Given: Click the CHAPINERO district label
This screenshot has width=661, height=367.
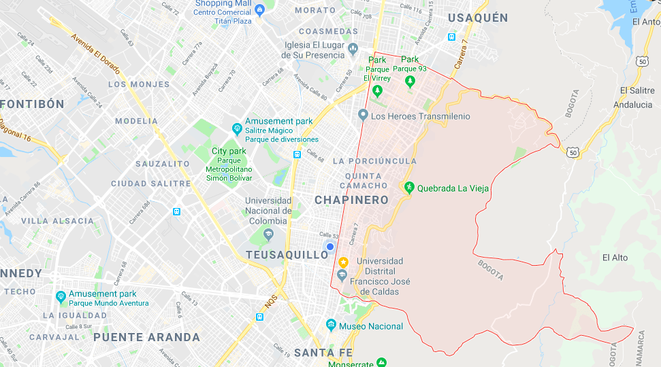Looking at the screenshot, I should tap(351, 200).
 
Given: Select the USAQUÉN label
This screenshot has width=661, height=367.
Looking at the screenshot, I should tap(477, 18).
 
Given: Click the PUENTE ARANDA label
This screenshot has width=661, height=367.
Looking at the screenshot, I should tap(146, 337).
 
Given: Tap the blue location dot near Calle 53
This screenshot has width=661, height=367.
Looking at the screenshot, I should tap(329, 247).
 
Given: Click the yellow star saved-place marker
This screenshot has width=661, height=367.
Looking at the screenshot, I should tap(344, 262).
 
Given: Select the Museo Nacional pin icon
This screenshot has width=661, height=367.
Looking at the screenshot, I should tap(331, 326).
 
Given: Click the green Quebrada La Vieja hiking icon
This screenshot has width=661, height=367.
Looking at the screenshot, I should tap(408, 188).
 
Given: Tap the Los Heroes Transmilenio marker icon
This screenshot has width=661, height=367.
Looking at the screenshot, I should tap(363, 116).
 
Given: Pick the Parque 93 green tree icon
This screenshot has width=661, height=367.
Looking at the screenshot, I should tap(410, 82).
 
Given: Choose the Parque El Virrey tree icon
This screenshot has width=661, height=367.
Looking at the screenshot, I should tap(377, 90).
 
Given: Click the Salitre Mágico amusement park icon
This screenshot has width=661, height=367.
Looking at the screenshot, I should tap(236, 127).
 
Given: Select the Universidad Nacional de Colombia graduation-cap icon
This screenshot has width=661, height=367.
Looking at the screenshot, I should tap(268, 234).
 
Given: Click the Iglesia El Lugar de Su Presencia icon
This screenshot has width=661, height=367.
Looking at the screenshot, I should tap(353, 49).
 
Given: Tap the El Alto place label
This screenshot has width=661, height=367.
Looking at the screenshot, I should tap(615, 258).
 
